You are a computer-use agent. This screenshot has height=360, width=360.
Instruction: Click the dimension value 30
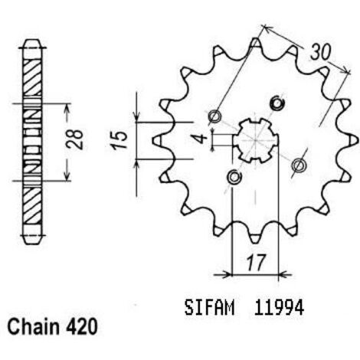tap(321, 53)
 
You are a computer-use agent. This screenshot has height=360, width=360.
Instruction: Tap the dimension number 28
tap(74, 139)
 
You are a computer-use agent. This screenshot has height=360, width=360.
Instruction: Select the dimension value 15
tap(119, 140)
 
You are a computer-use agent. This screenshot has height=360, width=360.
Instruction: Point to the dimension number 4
tap(202, 139)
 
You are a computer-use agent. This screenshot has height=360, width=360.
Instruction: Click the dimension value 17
tap(256, 262)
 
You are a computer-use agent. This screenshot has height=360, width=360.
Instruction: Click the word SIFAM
tap(209, 308)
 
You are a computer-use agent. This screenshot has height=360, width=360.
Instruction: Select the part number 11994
tap(279, 308)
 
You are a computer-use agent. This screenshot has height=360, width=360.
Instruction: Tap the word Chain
tap(31, 326)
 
